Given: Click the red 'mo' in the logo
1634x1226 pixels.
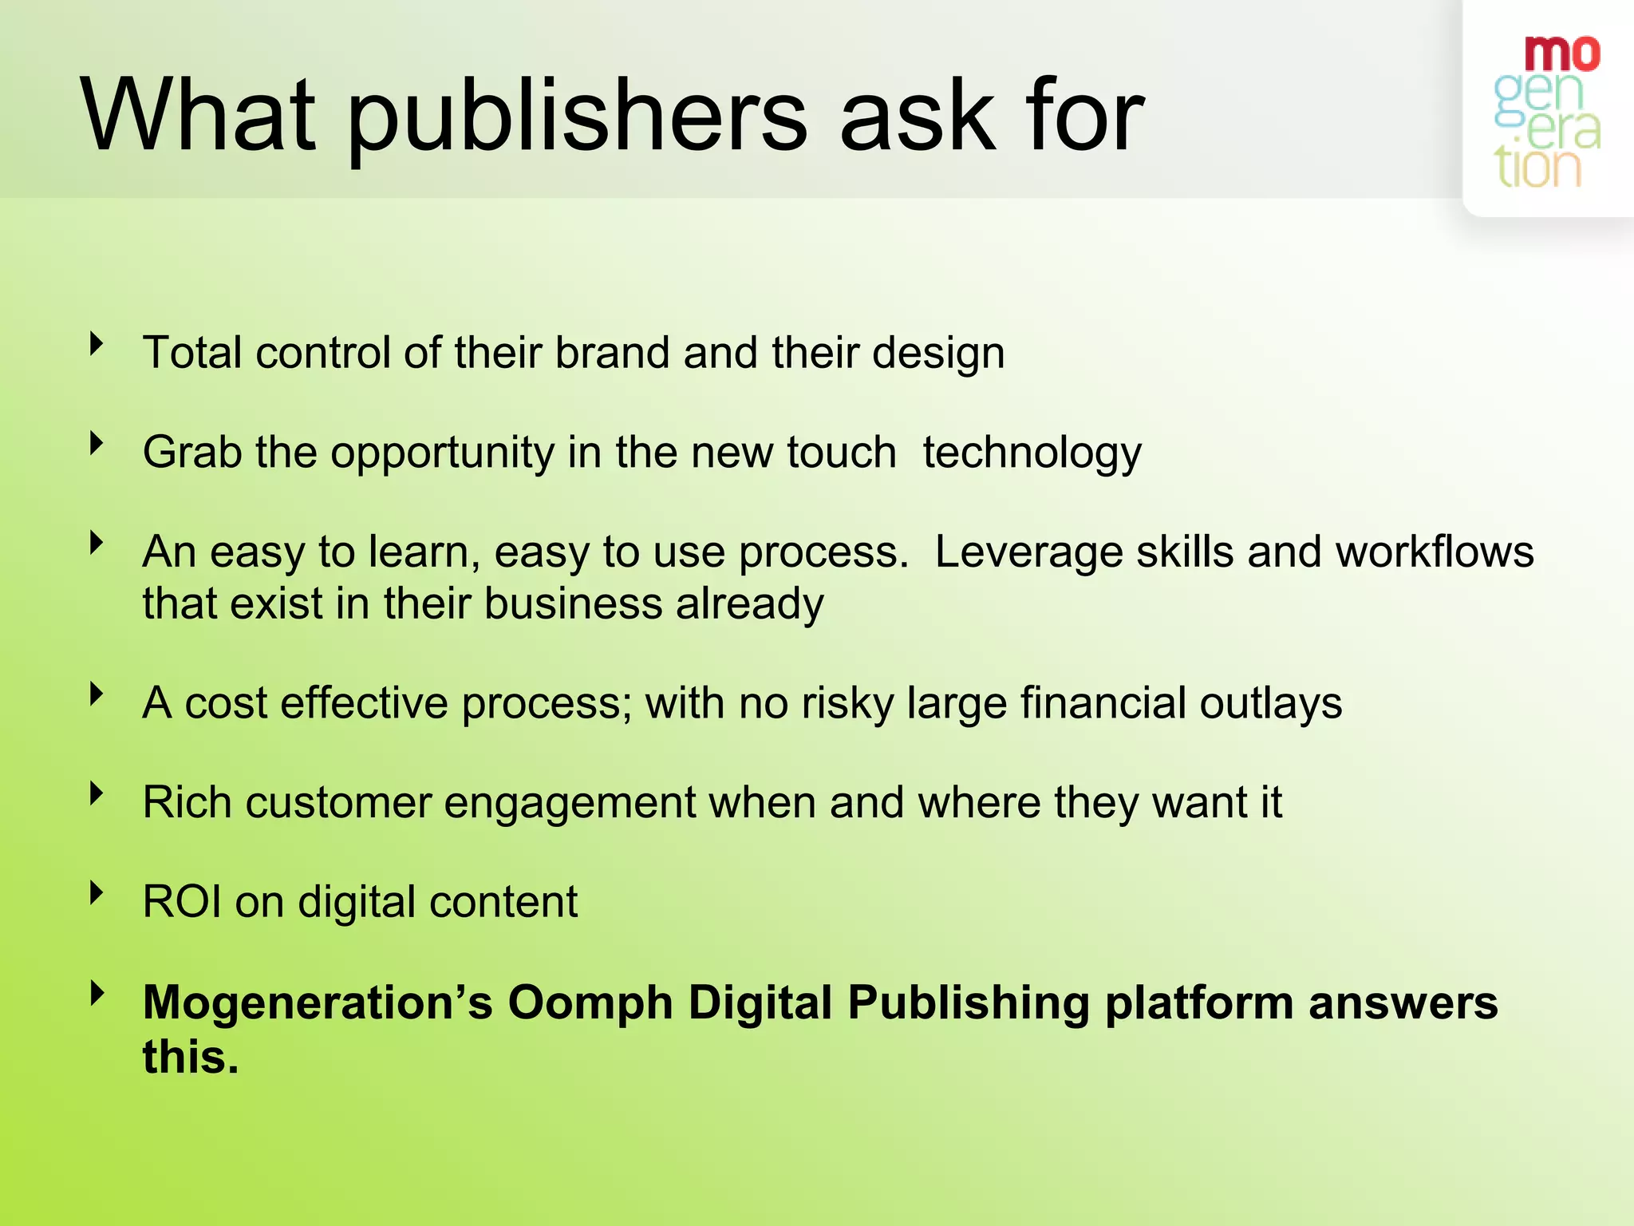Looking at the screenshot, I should tap(1561, 54).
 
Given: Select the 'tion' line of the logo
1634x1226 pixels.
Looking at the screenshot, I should tap(1537, 168).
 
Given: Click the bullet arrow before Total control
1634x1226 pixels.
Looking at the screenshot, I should tap(97, 344).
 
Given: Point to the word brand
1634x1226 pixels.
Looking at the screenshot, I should tap(612, 353).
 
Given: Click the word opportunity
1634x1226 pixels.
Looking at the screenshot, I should tap(443, 453).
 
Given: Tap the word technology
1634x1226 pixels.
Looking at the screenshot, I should tap(1032, 453).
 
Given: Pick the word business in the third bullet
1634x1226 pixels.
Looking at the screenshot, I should tap(573, 603).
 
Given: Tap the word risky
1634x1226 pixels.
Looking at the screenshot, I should tap(847, 703).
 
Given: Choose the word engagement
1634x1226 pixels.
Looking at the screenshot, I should tap(570, 803).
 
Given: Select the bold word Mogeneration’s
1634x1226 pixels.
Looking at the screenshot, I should tap(318, 1003).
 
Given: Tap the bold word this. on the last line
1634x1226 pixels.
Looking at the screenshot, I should tap(191, 1057).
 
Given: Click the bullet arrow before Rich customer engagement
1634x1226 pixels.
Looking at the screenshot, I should tap(97, 793).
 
